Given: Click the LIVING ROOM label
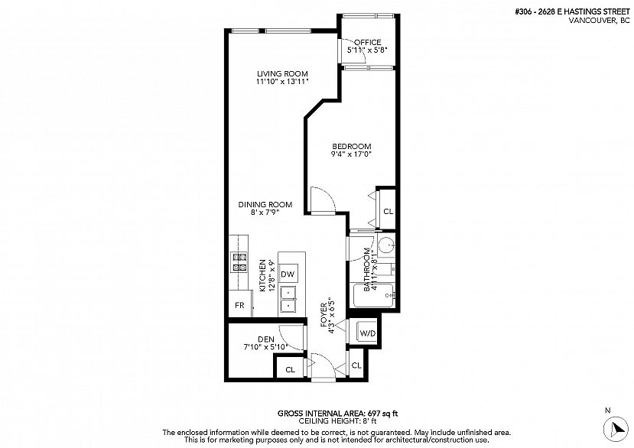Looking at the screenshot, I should pos(277,73).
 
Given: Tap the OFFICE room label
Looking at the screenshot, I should pos(367,42).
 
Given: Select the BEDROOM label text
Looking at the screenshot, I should pos(351,147).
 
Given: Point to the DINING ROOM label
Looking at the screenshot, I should pos(265,204).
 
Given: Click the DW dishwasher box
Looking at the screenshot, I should pos(288,274).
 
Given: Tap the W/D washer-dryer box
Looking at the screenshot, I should pos(367,333).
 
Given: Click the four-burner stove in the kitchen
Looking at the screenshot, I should pos(240,262).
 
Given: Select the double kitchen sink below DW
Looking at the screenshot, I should pos(288,299).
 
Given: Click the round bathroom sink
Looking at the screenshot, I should pos(386,246).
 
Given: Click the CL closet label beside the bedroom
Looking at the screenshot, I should pos(388,212).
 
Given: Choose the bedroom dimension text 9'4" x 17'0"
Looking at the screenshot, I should pos(351,155).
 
